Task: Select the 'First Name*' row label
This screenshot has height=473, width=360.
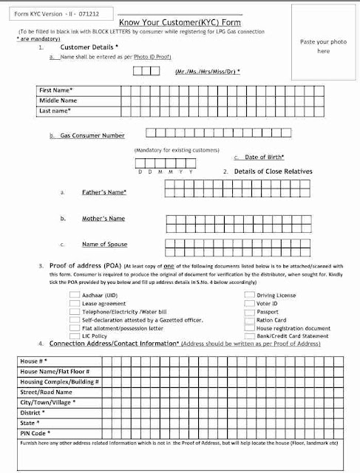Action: pos(57,90)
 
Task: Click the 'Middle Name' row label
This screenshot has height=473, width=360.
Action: pos(58,101)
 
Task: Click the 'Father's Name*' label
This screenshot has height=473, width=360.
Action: pos(104,192)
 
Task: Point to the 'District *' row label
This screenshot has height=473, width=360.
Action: pos(33,412)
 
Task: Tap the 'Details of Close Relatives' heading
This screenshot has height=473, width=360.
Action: pos(273,171)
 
